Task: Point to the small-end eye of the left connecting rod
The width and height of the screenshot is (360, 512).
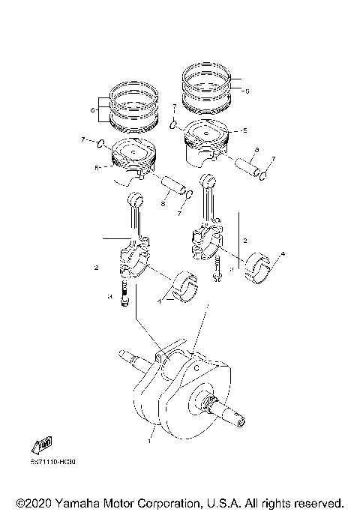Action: click(x=136, y=199)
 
